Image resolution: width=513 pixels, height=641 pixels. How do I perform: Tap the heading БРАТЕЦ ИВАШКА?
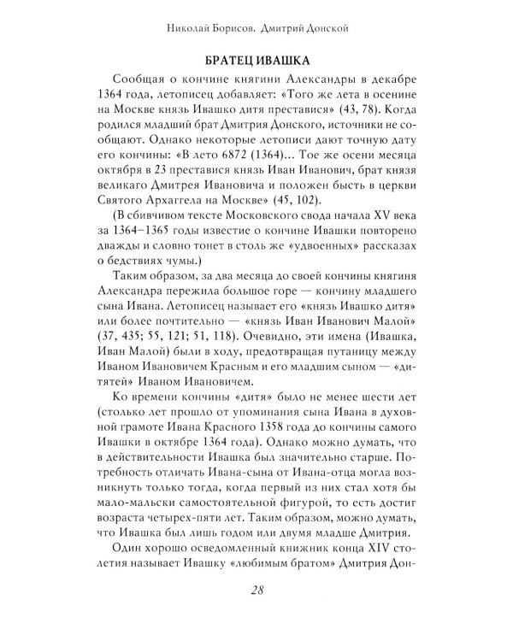(x=256, y=62)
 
